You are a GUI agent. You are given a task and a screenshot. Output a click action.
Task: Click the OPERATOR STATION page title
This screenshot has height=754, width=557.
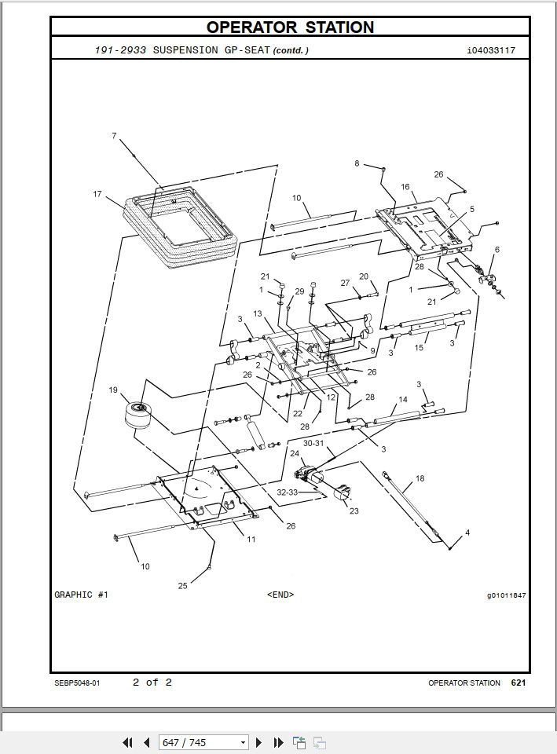click(290, 27)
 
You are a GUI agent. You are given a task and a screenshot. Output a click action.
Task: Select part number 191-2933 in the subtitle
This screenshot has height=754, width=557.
click(120, 50)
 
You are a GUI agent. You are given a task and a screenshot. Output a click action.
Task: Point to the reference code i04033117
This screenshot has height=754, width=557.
click(491, 50)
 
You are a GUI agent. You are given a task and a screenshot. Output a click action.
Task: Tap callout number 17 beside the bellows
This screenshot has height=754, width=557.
click(97, 194)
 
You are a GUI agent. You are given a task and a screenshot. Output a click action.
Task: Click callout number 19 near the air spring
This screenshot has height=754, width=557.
click(113, 390)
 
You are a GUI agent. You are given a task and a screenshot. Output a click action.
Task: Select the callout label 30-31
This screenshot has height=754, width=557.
click(313, 443)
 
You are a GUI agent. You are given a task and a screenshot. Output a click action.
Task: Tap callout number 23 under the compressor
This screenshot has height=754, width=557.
click(354, 511)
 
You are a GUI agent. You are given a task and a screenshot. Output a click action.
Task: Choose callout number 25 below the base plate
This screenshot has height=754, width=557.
click(181, 585)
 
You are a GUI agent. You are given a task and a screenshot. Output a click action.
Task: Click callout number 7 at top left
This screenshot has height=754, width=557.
click(114, 136)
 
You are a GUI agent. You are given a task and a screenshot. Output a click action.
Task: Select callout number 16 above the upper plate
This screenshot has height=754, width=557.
click(405, 187)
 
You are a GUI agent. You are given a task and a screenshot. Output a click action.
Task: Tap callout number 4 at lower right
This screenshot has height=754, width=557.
click(467, 533)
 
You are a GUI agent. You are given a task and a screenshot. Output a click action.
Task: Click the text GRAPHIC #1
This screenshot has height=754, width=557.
click(82, 595)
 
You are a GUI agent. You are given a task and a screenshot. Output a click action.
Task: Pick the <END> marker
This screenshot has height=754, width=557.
click(280, 595)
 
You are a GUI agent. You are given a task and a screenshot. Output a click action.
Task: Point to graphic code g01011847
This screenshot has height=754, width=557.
click(506, 595)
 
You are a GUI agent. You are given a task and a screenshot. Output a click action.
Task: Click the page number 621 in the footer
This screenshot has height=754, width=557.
click(518, 683)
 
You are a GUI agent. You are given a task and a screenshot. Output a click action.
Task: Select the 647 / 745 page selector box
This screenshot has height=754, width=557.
click(203, 742)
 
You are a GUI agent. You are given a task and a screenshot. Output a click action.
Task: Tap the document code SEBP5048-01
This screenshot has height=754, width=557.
click(77, 683)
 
